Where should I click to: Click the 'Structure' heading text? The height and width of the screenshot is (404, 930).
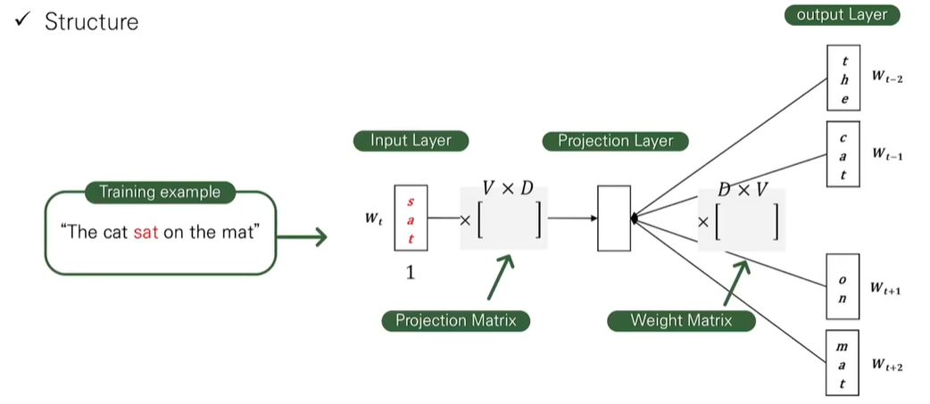pyautogui.click(x=92, y=21)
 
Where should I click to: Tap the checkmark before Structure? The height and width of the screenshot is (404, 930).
pyautogui.click(x=22, y=21)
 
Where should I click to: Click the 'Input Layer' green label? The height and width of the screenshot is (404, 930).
pyautogui.click(x=411, y=140)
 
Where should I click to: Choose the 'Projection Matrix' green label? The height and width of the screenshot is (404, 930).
pyautogui.click(x=455, y=320)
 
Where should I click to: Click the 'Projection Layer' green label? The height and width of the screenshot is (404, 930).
pyautogui.click(x=616, y=140)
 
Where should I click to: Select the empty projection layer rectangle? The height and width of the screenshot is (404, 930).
pyautogui.click(x=614, y=218)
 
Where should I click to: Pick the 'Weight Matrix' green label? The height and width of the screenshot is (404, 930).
pyautogui.click(x=681, y=320)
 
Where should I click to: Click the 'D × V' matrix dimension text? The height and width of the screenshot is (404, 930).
pyautogui.click(x=743, y=189)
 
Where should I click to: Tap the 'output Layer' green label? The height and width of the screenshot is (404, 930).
pyautogui.click(x=843, y=14)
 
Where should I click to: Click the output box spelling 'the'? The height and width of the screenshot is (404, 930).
pyautogui.click(x=843, y=79)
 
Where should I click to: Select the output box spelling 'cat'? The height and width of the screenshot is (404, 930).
pyautogui.click(x=843, y=153)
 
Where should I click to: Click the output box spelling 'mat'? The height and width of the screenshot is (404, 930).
pyautogui.click(x=843, y=364)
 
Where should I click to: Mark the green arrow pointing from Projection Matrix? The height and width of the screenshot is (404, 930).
pyautogui.click(x=503, y=278)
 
